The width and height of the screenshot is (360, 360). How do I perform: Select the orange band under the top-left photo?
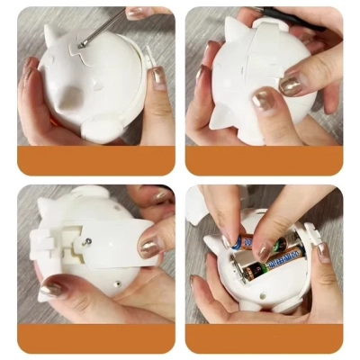pyautogui.click(x=95, y=160)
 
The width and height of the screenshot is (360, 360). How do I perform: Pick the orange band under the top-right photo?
pyautogui.click(x=264, y=160)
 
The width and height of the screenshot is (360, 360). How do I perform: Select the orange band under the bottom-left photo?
pyautogui.click(x=95, y=338)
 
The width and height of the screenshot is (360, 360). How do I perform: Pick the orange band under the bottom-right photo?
pyautogui.click(x=264, y=338)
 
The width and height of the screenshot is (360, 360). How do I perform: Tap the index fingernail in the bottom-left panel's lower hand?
pyautogui.click(x=51, y=289)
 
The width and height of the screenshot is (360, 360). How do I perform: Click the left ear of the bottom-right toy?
pyautogui.click(x=211, y=244)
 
